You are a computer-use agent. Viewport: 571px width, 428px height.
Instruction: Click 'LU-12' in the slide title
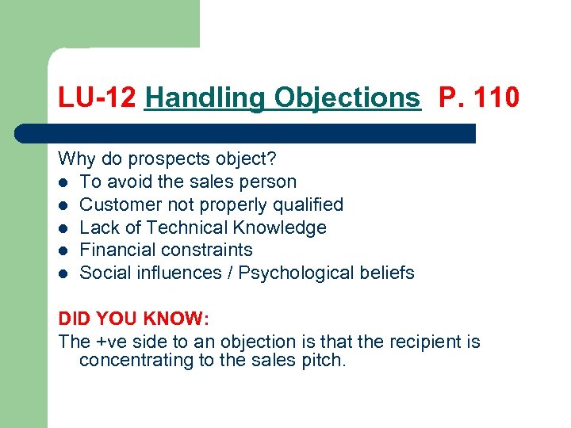tap(98, 97)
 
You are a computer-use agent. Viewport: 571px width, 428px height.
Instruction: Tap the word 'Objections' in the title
tap(347, 97)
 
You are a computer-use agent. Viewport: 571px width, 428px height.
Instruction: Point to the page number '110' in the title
tap(497, 97)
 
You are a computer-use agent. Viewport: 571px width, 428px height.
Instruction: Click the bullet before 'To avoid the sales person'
tap(63, 182)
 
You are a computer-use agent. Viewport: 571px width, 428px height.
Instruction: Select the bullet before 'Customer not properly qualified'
tap(63, 205)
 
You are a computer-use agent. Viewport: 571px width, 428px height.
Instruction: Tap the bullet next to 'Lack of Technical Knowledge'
tap(63, 228)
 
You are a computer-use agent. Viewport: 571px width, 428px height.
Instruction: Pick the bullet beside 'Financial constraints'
tap(63, 250)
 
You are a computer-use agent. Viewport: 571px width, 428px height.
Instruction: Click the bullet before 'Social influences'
tap(63, 273)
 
